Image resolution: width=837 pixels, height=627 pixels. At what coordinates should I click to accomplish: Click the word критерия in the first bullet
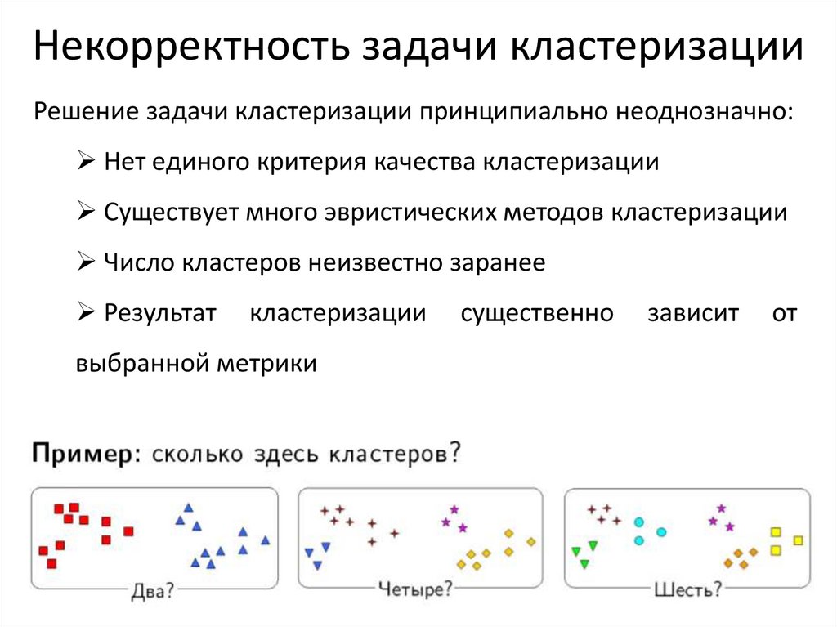pyautogui.click(x=312, y=162)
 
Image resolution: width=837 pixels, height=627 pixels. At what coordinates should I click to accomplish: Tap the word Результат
pyautogui.click(x=160, y=314)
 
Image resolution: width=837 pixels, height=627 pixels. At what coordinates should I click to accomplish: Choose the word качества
pyautogui.click(x=424, y=162)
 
